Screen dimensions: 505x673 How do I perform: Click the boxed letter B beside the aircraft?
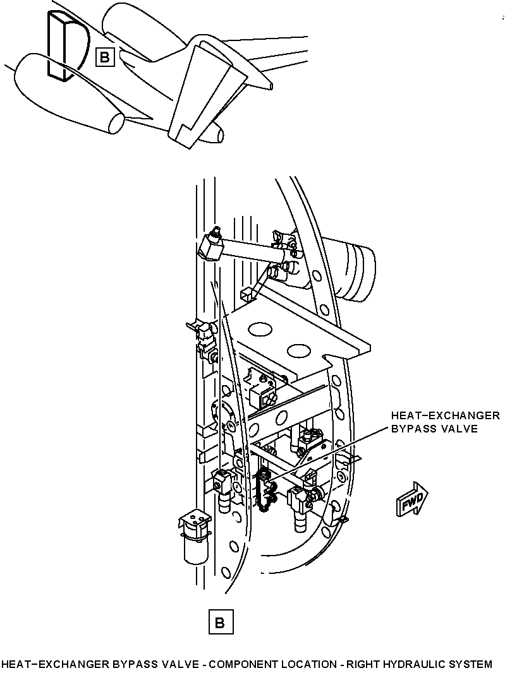(x=105, y=57)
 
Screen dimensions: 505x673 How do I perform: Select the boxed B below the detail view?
(x=221, y=621)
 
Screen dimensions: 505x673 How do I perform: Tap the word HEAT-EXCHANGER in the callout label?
(x=445, y=415)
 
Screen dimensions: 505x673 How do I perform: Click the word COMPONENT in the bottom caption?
(x=242, y=664)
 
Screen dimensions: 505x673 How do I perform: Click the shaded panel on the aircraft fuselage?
(x=58, y=45)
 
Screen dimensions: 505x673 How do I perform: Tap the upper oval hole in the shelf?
(x=260, y=330)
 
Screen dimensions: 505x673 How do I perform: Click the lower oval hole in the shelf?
(x=300, y=350)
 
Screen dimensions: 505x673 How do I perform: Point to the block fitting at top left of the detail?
(x=210, y=246)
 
